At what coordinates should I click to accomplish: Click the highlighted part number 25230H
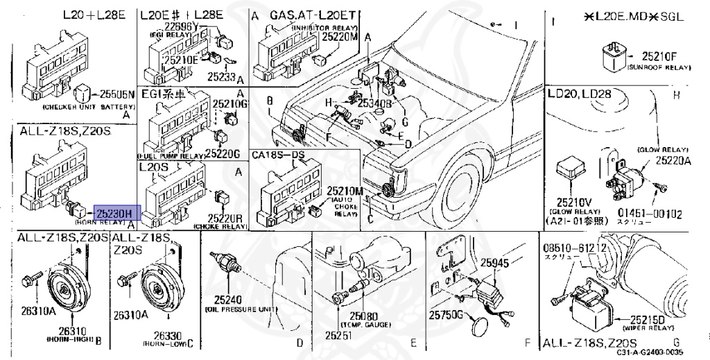point(117,213)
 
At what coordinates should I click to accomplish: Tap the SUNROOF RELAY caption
point(659,68)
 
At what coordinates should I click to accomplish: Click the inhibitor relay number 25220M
point(339,36)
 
